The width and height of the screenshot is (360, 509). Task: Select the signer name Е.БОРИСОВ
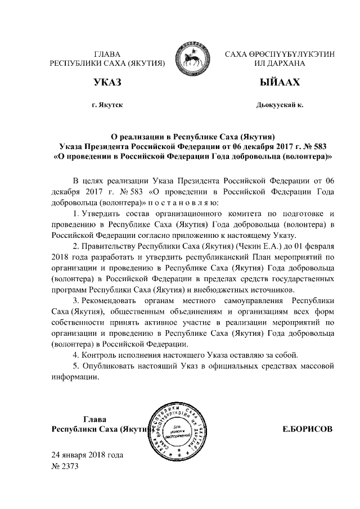pos(307,429)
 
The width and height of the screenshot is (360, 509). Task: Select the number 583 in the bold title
pos(318,146)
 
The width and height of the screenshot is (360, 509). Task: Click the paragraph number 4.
pos(76,354)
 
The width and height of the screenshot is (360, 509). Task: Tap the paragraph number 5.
pos(76,366)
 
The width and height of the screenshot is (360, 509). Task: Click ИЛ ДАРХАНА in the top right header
pos(280,64)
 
